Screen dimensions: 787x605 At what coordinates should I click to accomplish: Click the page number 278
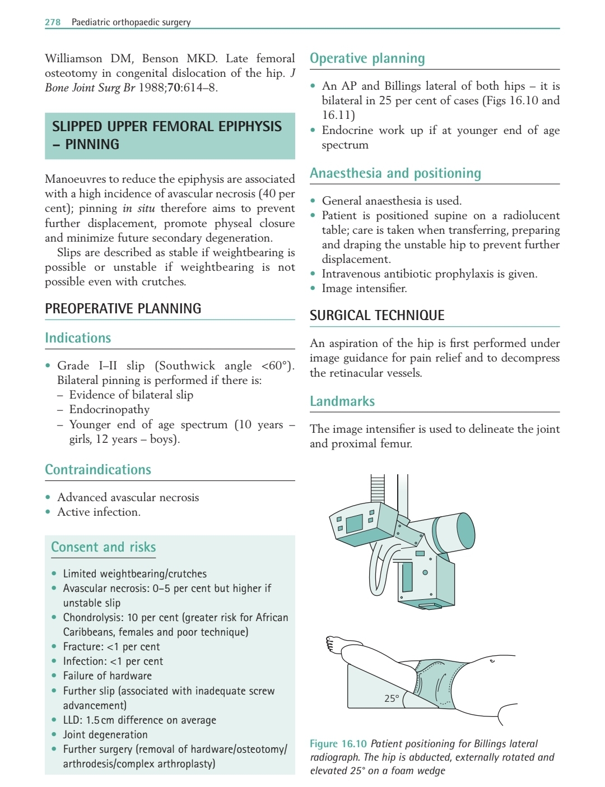[53, 22]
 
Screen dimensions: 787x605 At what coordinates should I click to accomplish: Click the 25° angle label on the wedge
[392, 698]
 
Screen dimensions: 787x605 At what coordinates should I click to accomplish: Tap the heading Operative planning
[367, 58]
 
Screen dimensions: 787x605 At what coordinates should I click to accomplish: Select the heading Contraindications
[98, 470]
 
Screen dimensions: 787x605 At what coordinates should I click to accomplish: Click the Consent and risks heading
[104, 547]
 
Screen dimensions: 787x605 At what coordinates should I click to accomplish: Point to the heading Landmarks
[342, 401]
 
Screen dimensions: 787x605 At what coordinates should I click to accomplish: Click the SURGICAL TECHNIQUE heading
[377, 316]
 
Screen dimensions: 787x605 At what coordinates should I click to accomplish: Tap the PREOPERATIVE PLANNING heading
[123, 309]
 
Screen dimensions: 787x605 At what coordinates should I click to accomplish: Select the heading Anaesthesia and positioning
[395, 173]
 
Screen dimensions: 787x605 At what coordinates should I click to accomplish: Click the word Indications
[78, 338]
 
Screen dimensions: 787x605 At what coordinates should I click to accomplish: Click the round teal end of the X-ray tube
[466, 530]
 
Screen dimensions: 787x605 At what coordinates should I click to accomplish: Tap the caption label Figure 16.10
[338, 744]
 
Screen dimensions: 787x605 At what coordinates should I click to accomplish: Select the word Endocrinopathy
[109, 409]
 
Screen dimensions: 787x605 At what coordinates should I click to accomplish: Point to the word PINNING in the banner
[92, 144]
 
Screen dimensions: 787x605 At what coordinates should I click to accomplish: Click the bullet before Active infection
[48, 512]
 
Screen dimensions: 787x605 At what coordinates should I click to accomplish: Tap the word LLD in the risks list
[72, 720]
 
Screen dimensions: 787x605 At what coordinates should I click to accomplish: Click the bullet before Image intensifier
[313, 289]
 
